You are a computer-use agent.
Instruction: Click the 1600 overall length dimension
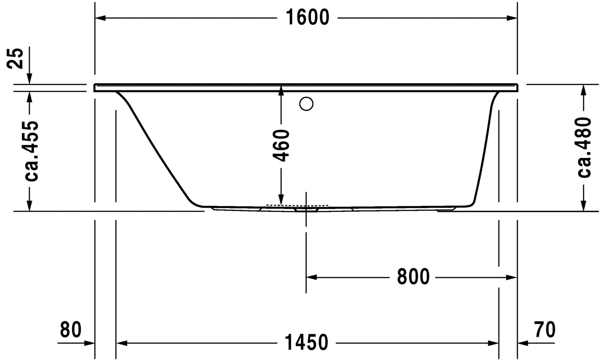(x=306, y=18)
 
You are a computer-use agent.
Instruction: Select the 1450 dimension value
(x=306, y=343)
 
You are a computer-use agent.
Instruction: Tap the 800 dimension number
(x=413, y=277)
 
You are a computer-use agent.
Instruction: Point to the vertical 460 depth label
(x=281, y=145)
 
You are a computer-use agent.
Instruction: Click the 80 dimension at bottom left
(x=71, y=330)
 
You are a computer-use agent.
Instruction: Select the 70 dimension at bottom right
(x=545, y=330)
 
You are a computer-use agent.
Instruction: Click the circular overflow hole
(x=306, y=104)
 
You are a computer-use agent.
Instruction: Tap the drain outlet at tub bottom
(x=306, y=208)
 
